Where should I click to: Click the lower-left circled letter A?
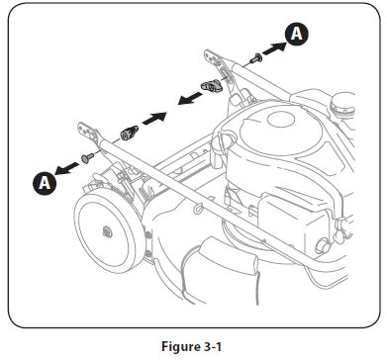click(43, 181)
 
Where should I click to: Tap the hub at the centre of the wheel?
click(105, 229)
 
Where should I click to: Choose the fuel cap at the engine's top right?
click(341, 103)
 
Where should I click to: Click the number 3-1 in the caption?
click(209, 346)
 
